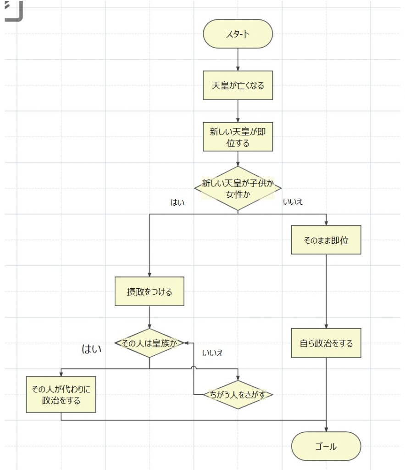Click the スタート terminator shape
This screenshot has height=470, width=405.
click(x=238, y=34)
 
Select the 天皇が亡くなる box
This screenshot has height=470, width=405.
click(x=238, y=85)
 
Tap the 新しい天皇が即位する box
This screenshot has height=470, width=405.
click(x=238, y=137)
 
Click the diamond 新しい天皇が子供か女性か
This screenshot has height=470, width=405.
click(x=238, y=188)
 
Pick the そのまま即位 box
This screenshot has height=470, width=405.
click(x=326, y=240)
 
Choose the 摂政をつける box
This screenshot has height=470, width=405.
click(x=149, y=291)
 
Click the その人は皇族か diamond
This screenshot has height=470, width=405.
click(x=149, y=343)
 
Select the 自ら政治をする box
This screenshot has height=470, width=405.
click(x=326, y=343)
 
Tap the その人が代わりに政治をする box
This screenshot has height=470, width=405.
click(x=61, y=395)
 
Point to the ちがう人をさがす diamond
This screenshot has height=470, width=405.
click(x=238, y=395)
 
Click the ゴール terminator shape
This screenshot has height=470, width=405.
click(x=326, y=446)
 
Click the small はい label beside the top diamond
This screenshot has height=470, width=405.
click(x=177, y=202)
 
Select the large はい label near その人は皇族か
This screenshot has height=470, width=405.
click(x=91, y=349)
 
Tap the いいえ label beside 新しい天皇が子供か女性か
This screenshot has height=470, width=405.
click(x=293, y=202)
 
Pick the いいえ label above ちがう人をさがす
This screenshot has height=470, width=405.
click(x=212, y=353)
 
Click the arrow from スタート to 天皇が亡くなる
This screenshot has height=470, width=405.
click(x=238, y=59)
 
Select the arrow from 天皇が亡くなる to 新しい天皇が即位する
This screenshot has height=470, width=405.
click(x=238, y=111)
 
